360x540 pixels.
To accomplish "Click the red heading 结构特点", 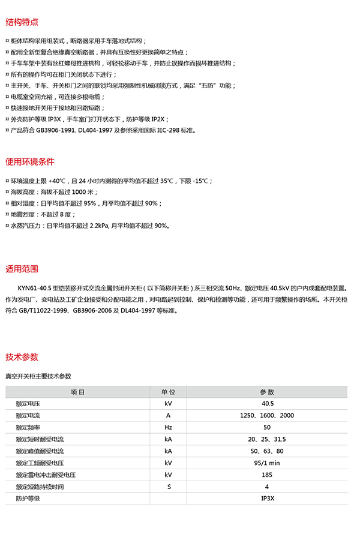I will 22,22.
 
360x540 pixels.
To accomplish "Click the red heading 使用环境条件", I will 29,161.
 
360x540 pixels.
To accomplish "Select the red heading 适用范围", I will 22,268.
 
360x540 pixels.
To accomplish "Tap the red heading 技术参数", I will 22,357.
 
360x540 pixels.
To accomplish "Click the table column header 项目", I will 77,392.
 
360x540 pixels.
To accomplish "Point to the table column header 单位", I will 168,392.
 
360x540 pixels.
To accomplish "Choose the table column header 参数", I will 266,392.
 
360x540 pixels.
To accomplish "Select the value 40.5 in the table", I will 268,404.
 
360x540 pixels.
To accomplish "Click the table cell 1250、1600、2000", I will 267,416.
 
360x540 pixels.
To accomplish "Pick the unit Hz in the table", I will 168,427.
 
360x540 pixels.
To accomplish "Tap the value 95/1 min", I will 267,463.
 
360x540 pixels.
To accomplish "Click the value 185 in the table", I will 267,475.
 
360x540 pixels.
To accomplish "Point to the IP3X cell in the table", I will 267,498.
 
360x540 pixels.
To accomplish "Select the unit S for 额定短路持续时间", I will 168,486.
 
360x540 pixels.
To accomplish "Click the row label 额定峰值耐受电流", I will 40,451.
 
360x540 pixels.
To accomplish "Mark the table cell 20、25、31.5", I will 267,439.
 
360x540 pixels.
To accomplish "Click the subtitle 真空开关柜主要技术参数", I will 38,376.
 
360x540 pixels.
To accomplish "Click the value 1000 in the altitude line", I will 79,192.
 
